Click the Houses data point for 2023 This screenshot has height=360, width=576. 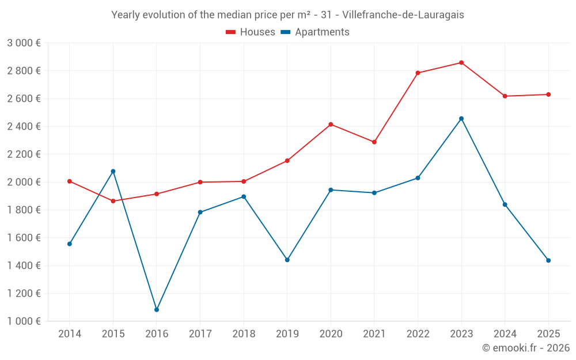[461, 63]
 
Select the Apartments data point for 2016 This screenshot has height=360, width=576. [157, 310]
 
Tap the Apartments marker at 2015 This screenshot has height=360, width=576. [113, 171]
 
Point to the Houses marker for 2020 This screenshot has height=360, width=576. [331, 124]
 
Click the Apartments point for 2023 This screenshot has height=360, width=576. [461, 119]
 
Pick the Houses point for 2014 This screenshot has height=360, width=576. [70, 181]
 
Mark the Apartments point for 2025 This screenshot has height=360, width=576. [548, 260]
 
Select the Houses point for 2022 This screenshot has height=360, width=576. [418, 73]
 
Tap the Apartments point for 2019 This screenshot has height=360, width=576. [287, 260]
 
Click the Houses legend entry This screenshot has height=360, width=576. [251, 32]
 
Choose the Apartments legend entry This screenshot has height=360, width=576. [315, 32]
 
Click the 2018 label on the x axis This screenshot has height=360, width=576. [244, 334]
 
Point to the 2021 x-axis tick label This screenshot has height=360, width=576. [374, 334]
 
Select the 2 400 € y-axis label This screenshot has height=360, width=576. [24, 126]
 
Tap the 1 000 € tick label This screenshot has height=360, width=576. [24, 321]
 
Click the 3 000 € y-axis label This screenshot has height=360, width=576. [24, 43]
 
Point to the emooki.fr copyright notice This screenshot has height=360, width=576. [525, 348]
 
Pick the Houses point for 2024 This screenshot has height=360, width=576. [505, 96]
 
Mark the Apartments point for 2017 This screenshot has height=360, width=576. [200, 213]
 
